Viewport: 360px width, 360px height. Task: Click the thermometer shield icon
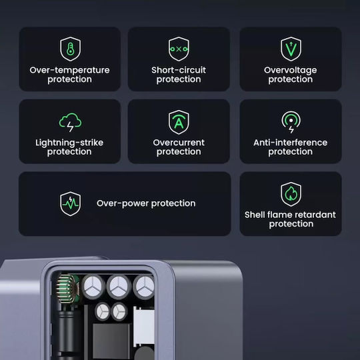click(70, 49)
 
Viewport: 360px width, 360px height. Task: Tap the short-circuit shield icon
click(179, 49)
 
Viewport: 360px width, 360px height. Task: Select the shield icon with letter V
click(291, 49)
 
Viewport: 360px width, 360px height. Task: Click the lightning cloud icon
click(70, 122)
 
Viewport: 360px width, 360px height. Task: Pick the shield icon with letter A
click(179, 122)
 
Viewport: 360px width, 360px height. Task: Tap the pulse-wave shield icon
click(70, 204)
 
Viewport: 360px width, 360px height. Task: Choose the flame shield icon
click(291, 194)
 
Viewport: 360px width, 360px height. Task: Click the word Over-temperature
click(69, 70)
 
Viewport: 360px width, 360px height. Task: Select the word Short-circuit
click(179, 70)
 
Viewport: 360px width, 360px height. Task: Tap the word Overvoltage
click(291, 71)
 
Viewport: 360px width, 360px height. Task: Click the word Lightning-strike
click(69, 143)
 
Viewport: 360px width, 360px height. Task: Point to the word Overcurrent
click(179, 143)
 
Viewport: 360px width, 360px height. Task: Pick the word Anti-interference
click(291, 143)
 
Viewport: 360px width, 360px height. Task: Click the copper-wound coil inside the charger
click(67, 289)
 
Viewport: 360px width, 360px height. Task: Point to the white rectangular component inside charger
click(144, 327)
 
